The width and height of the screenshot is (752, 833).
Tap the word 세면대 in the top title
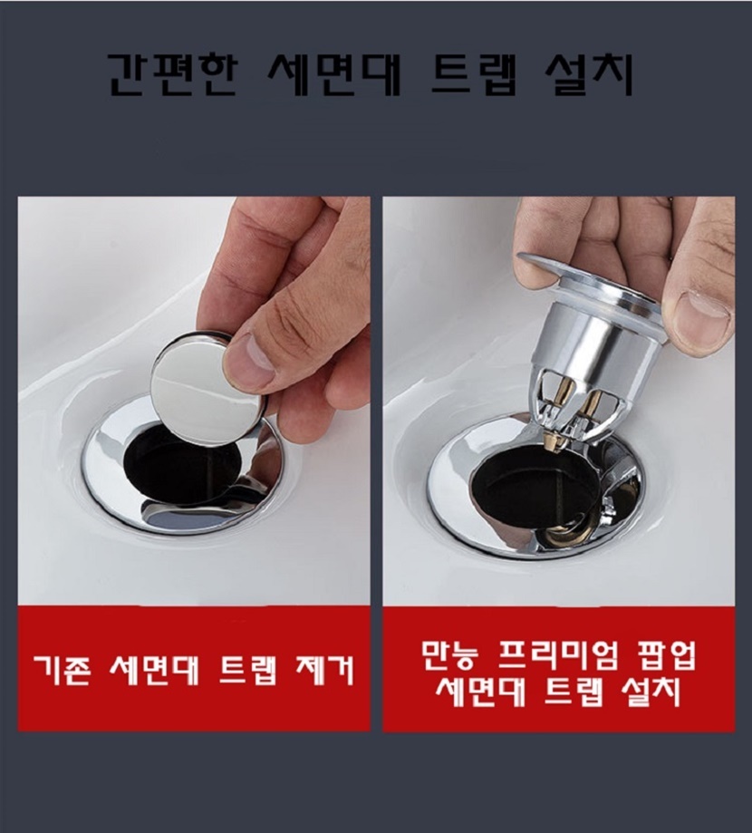(333, 74)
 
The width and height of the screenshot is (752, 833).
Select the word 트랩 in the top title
(473, 74)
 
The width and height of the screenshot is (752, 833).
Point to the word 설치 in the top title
(590, 74)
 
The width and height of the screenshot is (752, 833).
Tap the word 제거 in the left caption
(324, 671)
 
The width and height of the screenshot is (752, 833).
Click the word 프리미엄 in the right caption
(558, 656)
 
